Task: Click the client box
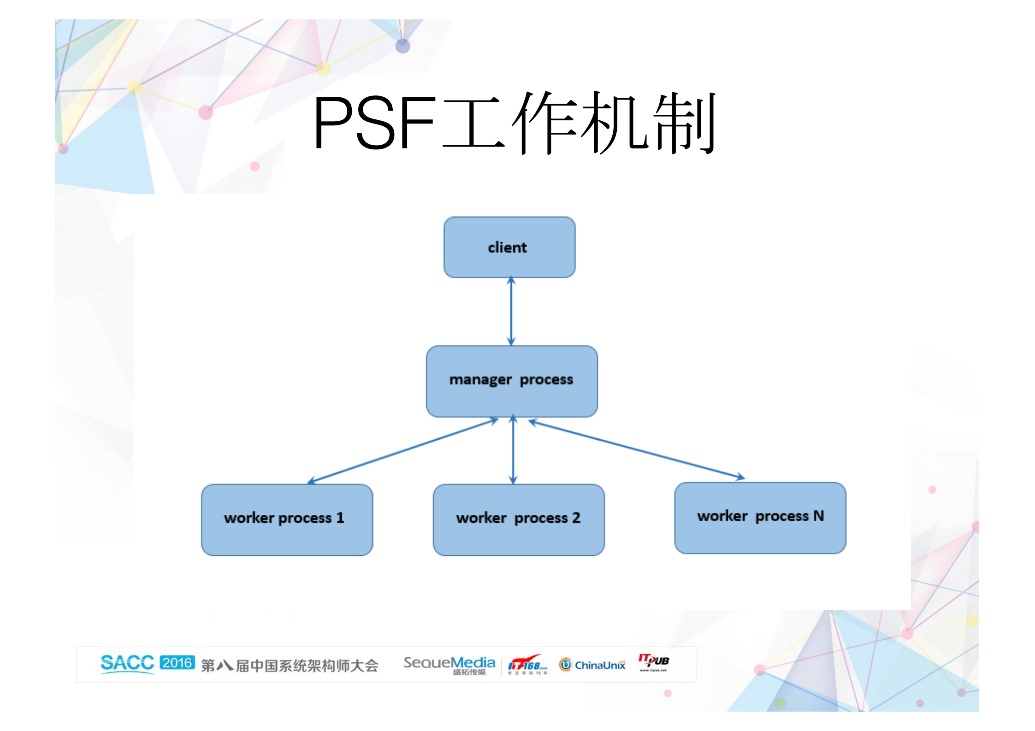click(x=509, y=247)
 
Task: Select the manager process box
click(x=511, y=381)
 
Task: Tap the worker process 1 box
click(x=287, y=519)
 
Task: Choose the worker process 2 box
click(x=518, y=519)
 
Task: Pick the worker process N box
click(x=760, y=518)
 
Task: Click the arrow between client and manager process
click(x=511, y=312)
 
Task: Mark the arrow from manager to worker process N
click(x=636, y=449)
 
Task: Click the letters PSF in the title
click(x=373, y=123)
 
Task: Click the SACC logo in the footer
click(x=127, y=663)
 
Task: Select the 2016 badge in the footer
click(x=177, y=663)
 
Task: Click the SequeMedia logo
click(x=449, y=664)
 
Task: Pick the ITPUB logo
click(x=653, y=662)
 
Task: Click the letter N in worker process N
click(x=818, y=516)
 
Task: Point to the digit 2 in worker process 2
click(x=576, y=518)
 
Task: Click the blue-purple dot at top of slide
click(x=402, y=46)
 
